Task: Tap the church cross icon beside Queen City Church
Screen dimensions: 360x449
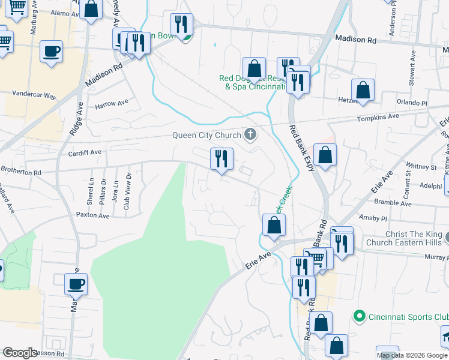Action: pos(250,134)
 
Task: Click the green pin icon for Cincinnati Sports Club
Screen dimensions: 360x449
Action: pos(359,315)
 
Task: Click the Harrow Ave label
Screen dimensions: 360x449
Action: pos(112,104)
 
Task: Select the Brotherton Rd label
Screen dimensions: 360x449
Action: pos(22,172)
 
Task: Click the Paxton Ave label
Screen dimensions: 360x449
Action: pos(91,214)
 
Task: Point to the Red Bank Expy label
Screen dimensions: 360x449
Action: pos(302,149)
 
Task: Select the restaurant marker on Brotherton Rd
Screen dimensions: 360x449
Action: pos(221,159)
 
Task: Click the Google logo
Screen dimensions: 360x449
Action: pos(20,353)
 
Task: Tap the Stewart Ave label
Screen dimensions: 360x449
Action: pos(413,62)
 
